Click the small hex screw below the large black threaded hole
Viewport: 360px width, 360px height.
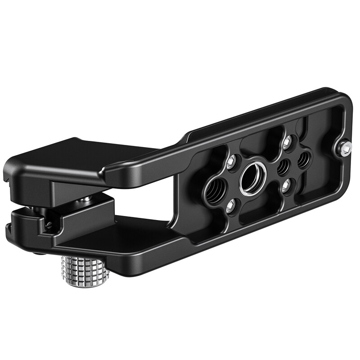point(231,206)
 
